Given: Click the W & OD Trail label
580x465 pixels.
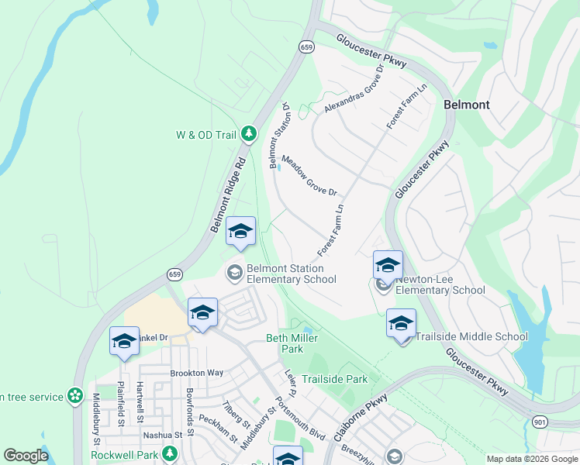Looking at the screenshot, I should pos(205,135).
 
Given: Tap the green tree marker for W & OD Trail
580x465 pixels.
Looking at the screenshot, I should pos(249,135).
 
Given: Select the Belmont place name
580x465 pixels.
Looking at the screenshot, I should pos(466,104).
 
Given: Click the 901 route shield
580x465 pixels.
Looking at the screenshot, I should pos(540,421).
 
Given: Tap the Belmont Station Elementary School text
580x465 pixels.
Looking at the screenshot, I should pos(291,274).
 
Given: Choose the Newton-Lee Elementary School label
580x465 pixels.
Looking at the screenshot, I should pos(440,284).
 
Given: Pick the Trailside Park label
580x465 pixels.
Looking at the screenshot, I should pos(334,379).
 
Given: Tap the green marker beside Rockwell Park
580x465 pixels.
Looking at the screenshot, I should pos(168,455).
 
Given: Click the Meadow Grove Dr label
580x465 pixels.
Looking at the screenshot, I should pos(309,176).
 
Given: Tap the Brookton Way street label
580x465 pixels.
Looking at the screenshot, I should pos(196,373).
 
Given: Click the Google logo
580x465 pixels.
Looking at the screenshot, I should pos(26,456).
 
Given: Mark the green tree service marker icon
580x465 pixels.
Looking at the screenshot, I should pos(75,396).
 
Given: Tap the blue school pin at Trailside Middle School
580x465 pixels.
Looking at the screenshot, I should pos(401,324).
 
